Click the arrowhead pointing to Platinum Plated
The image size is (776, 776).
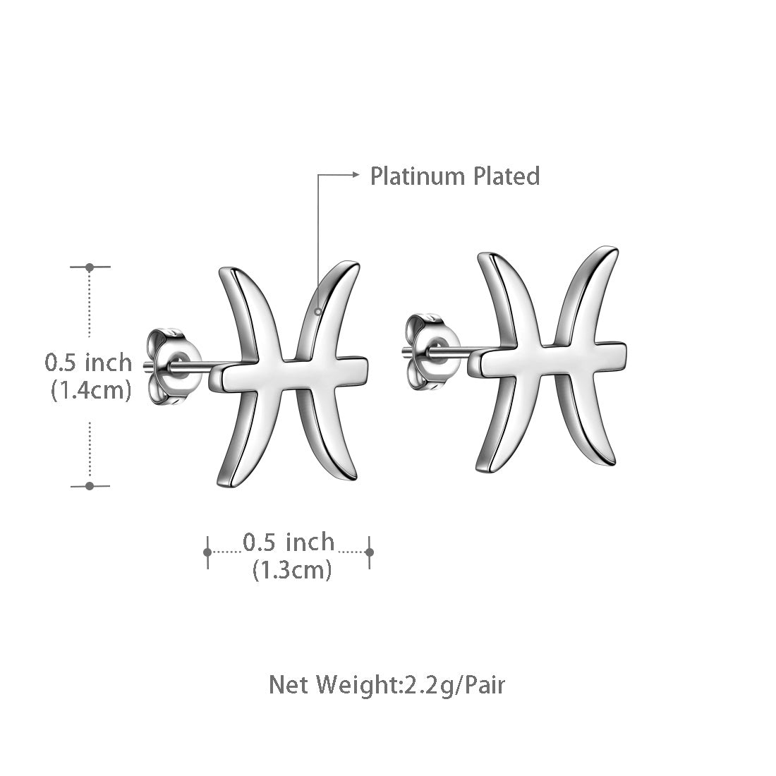click(x=356, y=175)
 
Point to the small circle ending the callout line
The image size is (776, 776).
click(x=318, y=310)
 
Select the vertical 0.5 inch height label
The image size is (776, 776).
click(x=88, y=363)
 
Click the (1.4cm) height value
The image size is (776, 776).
click(x=91, y=389)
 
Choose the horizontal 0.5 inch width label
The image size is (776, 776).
click(x=289, y=542)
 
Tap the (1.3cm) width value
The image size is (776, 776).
click(x=292, y=569)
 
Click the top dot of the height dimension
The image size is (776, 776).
click(x=90, y=267)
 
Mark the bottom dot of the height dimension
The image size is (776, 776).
click(x=90, y=485)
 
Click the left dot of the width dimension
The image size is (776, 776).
click(x=207, y=552)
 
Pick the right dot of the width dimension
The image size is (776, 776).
click(x=370, y=552)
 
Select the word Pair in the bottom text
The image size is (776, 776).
click(x=485, y=684)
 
